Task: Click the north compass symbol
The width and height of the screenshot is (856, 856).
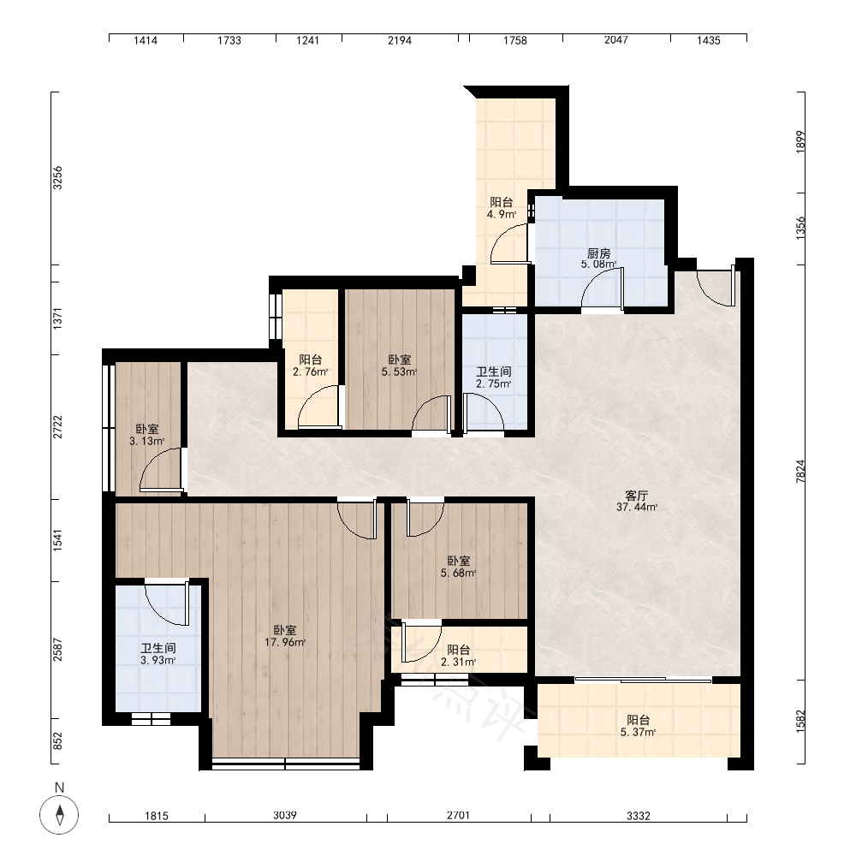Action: coord(59,815)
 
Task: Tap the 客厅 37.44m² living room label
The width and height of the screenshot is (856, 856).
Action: coord(637,501)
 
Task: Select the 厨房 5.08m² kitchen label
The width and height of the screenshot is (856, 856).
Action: coord(599,259)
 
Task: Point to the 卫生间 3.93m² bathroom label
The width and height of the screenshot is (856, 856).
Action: coord(158,654)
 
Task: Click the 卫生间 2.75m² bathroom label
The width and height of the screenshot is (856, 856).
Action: coord(494,377)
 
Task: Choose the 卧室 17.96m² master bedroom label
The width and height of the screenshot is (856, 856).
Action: coord(285,636)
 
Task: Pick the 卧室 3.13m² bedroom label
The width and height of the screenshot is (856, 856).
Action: coord(147,435)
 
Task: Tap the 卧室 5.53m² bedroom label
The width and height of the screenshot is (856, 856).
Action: coord(399,366)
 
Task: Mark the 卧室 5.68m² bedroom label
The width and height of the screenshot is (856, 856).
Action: coord(458,567)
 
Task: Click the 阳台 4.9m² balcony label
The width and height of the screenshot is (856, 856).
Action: coord(501,208)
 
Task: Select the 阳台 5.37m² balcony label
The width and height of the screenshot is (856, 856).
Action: coord(638,726)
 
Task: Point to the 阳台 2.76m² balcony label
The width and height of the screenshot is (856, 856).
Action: coord(310,366)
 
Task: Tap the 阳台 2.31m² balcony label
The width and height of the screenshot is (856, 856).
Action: coord(458,656)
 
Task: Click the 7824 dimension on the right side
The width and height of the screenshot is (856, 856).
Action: coord(800,471)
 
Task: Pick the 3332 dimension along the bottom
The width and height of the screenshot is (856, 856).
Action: coord(639,816)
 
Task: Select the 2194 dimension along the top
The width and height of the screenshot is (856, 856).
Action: coord(400,40)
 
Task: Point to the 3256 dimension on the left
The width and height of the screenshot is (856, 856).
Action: coord(57,178)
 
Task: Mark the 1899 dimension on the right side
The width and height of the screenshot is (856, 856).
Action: coord(800,142)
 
